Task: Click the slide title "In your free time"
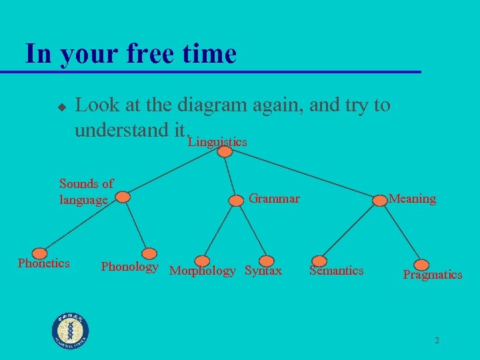[130, 53]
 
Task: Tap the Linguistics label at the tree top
[217, 142]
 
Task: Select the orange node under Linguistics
[225, 152]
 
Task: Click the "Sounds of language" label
[86, 191]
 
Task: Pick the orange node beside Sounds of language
[122, 197]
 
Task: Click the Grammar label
[274, 198]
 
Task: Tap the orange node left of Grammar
[236, 199]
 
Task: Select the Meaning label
[412, 199]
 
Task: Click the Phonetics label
[43, 263]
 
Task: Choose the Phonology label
[129, 267]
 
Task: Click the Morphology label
[203, 271]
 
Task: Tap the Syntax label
[263, 271]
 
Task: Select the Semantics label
[336, 270]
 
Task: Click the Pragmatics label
[432, 275]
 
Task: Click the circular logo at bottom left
[70, 330]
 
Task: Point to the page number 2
[437, 341]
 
